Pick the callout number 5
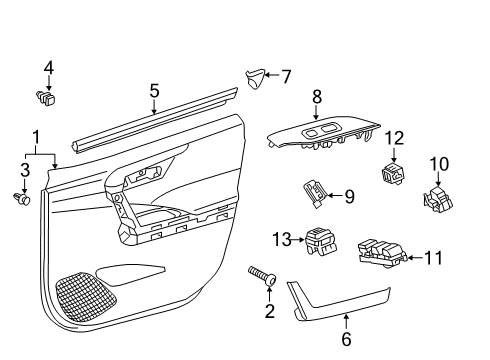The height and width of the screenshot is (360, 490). pos(154,91)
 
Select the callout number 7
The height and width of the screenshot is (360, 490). pos(286,76)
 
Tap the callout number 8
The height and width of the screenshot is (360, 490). pos(318,96)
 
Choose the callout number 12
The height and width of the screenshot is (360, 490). pos(394,137)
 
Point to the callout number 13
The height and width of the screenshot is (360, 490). pos(280,238)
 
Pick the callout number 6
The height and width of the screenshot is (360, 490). pos(346,339)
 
